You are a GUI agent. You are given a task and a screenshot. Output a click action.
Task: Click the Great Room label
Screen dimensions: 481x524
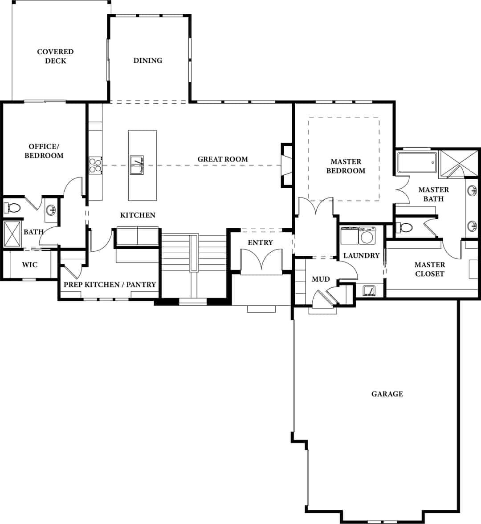(222, 159)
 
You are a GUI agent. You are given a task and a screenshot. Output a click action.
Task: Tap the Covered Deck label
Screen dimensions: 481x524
(56, 56)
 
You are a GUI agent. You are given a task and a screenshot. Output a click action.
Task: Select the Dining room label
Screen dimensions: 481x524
(148, 60)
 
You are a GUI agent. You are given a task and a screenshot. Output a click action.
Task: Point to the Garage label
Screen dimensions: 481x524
(387, 394)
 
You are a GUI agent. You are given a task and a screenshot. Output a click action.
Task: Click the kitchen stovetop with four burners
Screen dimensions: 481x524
(95, 165)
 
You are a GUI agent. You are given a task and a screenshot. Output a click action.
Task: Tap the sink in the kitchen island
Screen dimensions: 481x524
(137, 165)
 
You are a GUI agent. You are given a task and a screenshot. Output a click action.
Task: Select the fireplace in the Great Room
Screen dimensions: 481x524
(286, 165)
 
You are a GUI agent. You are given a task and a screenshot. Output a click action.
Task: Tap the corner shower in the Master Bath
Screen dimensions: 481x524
(459, 163)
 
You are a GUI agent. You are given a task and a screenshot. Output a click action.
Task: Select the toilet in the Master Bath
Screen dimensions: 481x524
(404, 228)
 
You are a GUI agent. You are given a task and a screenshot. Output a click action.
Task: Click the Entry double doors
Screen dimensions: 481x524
(261, 260)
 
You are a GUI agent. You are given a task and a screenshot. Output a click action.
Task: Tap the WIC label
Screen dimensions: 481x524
(30, 265)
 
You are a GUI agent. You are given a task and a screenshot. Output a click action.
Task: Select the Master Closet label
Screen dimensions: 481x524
(430, 269)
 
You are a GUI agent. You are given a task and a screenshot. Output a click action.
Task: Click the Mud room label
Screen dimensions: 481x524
(321, 279)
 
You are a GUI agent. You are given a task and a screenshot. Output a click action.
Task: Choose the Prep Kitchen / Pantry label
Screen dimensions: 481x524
(110, 284)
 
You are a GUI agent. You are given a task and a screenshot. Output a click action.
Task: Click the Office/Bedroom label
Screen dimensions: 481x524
(44, 151)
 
